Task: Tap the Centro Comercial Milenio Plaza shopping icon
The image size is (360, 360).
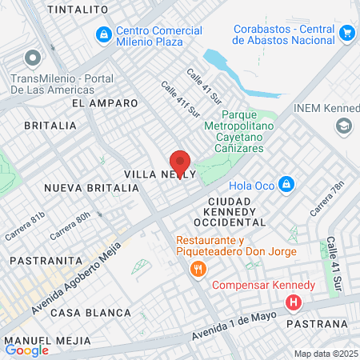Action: (x=103, y=35)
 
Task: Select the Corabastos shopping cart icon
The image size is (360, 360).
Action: (x=346, y=33)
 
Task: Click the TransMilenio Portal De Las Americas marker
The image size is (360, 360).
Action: (x=32, y=58)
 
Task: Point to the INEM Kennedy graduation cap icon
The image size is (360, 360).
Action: (x=344, y=126)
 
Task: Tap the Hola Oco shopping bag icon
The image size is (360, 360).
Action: (x=287, y=186)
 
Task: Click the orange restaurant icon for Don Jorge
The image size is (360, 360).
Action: (x=197, y=269)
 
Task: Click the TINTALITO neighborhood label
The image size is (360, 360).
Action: (x=78, y=9)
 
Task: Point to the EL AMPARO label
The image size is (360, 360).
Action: (x=105, y=103)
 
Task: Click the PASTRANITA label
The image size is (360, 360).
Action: (x=46, y=261)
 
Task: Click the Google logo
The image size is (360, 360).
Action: (x=26, y=350)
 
